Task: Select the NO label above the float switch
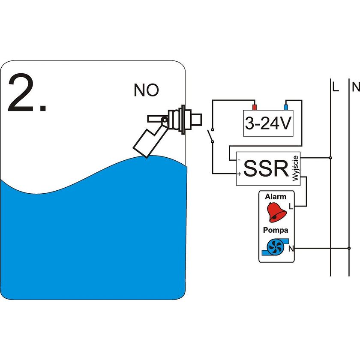coord(146,90)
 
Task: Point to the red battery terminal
coord(254,107)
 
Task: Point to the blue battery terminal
coord(286,107)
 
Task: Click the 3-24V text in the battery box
coord(268,124)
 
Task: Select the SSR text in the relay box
coord(266,169)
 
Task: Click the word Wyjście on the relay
coord(295,169)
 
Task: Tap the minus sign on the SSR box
coord(239,159)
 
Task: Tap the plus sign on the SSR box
coord(239,174)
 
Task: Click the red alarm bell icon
coord(276,211)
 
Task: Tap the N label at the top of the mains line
coord(355,88)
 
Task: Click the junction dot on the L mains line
coord(330,158)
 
